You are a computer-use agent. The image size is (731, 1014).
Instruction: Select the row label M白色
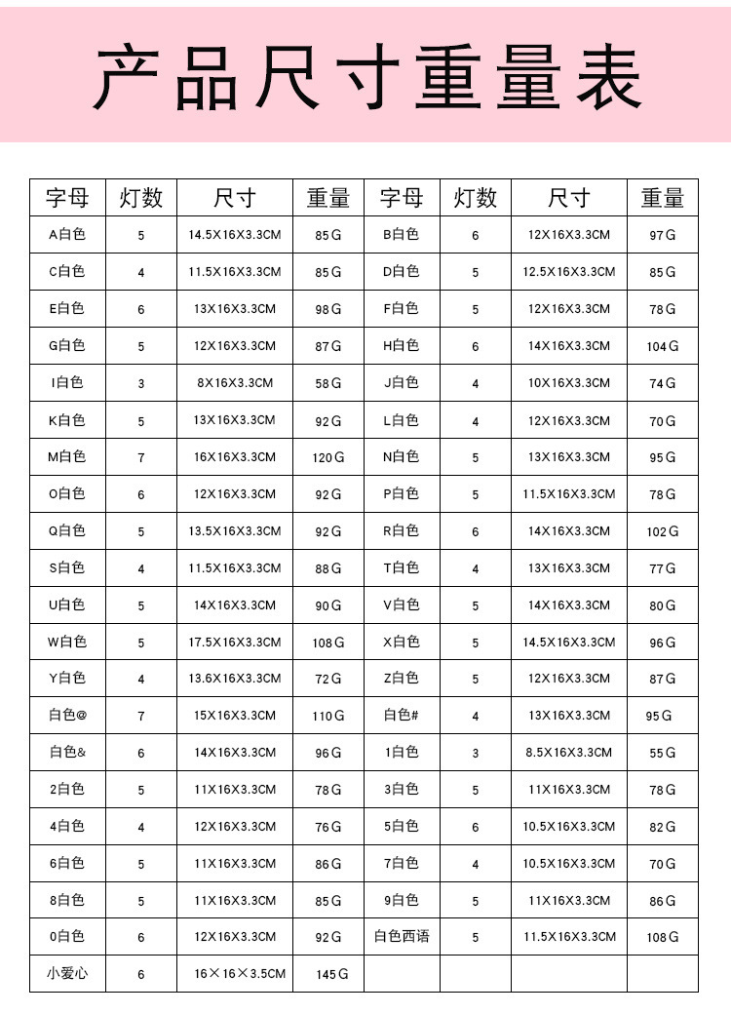coord(67,456)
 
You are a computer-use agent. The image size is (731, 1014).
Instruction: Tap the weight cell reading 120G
coord(328,457)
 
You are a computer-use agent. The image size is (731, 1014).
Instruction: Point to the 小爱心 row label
coord(67,973)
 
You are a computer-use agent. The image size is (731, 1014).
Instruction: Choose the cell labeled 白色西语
coord(402,937)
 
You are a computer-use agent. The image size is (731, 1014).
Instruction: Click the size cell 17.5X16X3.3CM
coord(235,643)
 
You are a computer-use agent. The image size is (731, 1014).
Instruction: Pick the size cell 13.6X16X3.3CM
coord(235,679)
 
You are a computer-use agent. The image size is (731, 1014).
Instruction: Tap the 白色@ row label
coord(67,716)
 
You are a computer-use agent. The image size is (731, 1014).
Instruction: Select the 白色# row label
coord(402,716)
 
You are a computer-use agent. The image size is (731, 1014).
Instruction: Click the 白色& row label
coord(67,753)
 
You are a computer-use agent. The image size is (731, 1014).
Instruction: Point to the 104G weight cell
coord(663,346)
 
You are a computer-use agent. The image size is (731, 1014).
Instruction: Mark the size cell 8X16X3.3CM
coord(235,383)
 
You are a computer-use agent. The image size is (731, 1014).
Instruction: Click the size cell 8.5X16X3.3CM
coord(569,753)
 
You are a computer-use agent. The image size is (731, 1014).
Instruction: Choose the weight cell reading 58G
coord(328,383)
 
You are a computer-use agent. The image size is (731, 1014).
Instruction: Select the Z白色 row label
coord(402,679)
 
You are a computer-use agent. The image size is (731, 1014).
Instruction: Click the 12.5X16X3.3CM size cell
coord(569,272)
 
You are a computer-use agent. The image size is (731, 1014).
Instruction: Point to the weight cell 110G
coord(328,716)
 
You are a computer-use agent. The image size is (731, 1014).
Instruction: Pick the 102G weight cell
coord(663,531)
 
